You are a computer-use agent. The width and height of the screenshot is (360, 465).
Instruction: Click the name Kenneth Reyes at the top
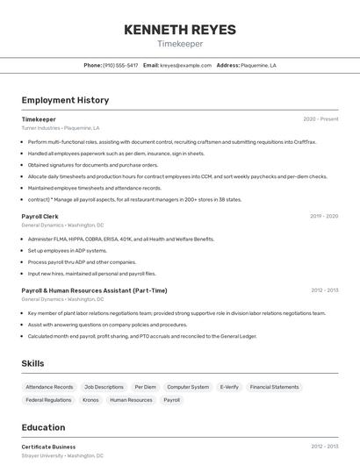180,30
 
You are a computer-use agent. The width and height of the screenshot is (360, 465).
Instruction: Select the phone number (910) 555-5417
120,65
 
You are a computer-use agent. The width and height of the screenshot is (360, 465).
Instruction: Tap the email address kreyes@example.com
185,65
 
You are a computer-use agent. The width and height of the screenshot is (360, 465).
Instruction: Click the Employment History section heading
65,100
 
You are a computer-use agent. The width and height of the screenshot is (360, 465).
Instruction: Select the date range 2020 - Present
320,119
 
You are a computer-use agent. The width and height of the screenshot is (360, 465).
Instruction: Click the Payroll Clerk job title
40,216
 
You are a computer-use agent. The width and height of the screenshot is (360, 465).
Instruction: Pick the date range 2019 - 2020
324,216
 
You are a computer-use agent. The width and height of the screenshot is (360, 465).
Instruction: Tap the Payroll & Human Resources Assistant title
94,290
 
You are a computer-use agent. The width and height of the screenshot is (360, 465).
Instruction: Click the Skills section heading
33,363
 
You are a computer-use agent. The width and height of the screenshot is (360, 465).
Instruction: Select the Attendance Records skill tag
49,387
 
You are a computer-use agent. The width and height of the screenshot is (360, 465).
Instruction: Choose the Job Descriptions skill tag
104,387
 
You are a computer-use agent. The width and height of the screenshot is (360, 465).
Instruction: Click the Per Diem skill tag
145,387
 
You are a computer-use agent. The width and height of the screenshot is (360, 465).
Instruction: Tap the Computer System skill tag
188,387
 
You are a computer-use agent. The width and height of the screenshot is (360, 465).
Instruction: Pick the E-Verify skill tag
229,387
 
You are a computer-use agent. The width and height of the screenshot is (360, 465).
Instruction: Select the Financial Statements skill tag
274,387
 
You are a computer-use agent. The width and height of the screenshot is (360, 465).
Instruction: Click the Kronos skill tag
90,400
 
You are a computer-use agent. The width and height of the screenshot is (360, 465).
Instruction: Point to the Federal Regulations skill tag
48,400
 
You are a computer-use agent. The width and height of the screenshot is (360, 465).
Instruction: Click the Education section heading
43,427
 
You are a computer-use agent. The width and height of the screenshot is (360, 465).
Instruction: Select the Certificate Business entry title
48,447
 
